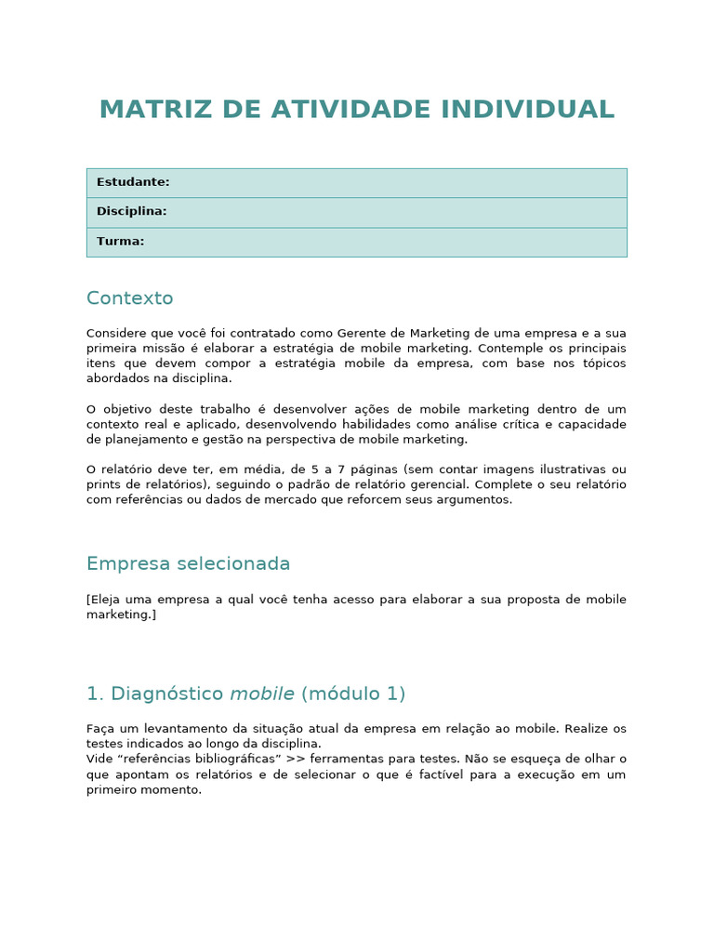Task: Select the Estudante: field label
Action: click(133, 182)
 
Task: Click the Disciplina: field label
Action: click(132, 211)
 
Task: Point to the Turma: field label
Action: click(121, 241)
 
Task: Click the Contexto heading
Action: click(130, 298)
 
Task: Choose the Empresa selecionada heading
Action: click(189, 563)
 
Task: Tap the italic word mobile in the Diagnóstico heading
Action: click(262, 694)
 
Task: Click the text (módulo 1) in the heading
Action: click(353, 694)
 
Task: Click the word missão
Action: click(172, 348)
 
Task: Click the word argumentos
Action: click(480, 499)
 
